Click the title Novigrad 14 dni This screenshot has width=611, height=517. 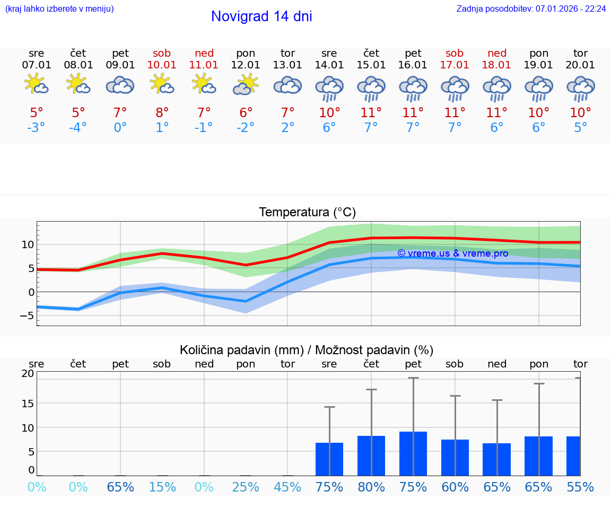tap(261, 16)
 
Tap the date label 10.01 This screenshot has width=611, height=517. tap(162, 65)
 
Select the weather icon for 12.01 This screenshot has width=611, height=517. tap(246, 85)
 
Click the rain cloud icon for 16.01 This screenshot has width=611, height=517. tap(413, 89)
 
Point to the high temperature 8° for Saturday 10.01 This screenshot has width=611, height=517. tap(162, 113)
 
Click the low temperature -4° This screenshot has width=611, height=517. tap(78, 128)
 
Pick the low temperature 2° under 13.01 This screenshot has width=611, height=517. tap(287, 128)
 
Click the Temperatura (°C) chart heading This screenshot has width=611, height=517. tap(307, 213)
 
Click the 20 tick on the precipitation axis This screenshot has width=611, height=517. tap(28, 373)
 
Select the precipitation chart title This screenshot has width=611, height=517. tap(307, 350)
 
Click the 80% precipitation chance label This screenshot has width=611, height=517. tap(371, 487)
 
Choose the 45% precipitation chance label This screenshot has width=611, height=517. tap(287, 487)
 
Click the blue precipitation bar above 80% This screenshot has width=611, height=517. tap(371, 456)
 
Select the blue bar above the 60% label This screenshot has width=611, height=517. tap(455, 458)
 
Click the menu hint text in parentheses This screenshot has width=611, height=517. tap(59, 9)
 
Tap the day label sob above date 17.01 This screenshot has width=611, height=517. tap(455, 53)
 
